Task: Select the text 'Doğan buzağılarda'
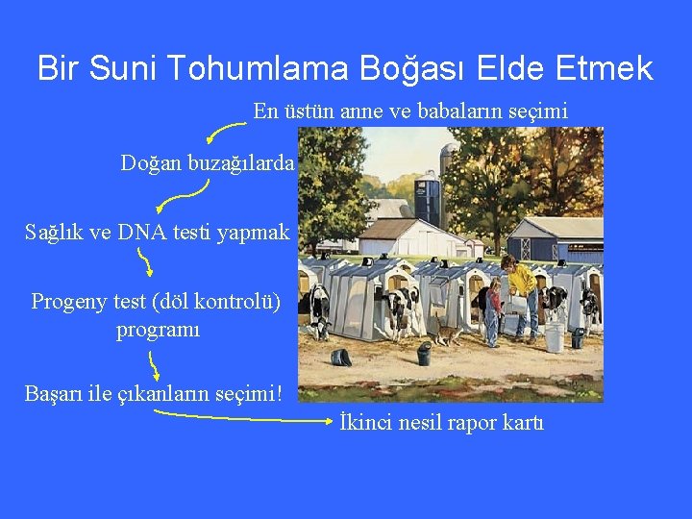pos(207,163)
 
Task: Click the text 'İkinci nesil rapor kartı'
pos(441,422)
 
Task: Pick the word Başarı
pos(57,394)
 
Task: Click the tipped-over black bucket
pos(340,357)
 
